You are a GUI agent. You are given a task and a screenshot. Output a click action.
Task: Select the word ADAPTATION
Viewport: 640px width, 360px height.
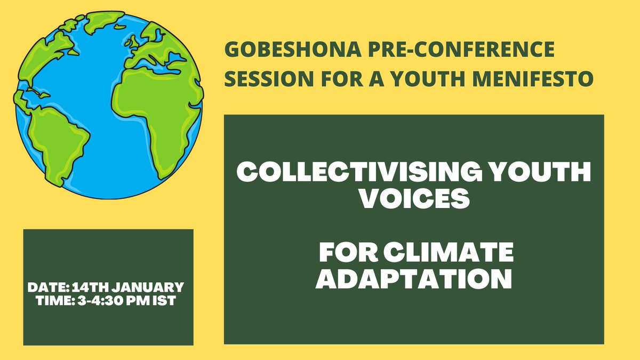point(414,279)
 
